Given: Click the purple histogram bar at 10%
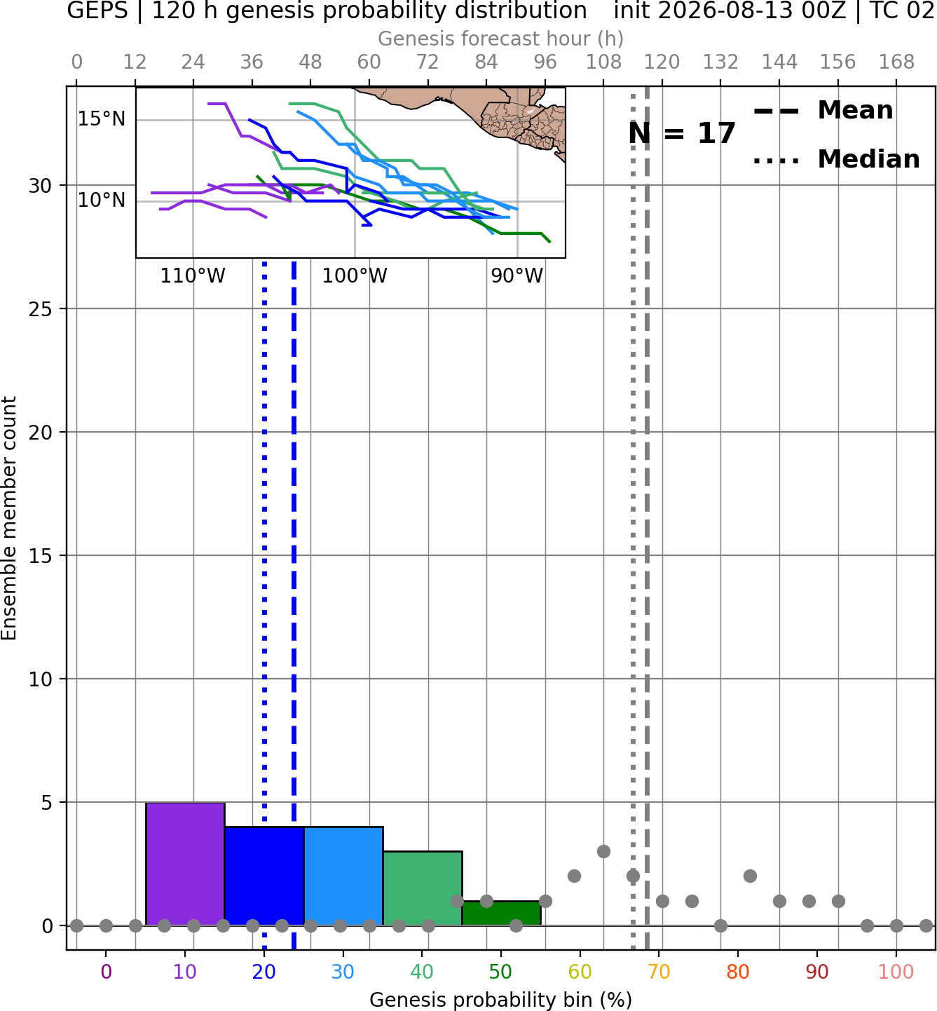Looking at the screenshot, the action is (x=185, y=864).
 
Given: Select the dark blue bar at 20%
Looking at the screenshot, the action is (x=264, y=876).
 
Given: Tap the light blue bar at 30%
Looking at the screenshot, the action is (x=343, y=876).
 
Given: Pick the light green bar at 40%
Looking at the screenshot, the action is (x=423, y=888).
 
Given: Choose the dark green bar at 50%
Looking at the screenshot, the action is (x=501, y=914).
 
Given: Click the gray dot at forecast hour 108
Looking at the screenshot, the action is (x=603, y=851).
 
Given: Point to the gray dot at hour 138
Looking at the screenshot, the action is (x=750, y=876).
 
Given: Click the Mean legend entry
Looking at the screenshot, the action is (x=823, y=110).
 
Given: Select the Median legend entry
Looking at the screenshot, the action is (x=836, y=159).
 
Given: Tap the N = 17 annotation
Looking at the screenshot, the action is (x=682, y=133).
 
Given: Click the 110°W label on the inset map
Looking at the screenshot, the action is (x=193, y=276).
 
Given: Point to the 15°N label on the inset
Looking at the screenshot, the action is (x=102, y=119).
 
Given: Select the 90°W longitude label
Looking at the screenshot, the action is (x=517, y=276).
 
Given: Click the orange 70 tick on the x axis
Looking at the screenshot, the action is (x=659, y=972).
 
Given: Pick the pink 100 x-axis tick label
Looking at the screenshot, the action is (x=896, y=972).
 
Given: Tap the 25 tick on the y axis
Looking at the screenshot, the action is (x=41, y=309).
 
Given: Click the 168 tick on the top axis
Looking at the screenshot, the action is (x=897, y=62).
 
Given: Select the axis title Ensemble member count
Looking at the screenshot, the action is (x=9, y=518).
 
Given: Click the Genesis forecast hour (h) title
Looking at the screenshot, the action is (x=501, y=39).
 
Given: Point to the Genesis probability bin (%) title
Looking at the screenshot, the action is (x=501, y=1000).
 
